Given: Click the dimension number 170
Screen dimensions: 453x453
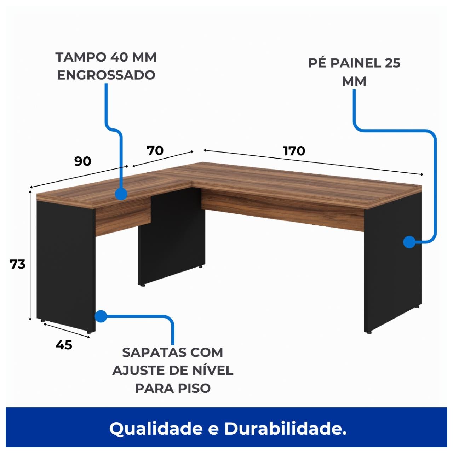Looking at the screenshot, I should [x=294, y=151].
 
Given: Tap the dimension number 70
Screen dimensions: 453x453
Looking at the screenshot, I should [x=155, y=150].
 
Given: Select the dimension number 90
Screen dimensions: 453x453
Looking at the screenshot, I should [x=83, y=161].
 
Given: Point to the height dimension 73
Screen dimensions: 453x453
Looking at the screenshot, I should [x=18, y=264].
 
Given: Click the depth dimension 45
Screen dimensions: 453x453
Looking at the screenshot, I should [x=64, y=345].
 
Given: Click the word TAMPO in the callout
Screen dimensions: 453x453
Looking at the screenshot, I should [x=81, y=57].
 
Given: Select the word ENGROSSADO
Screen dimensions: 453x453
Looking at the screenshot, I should [x=106, y=75].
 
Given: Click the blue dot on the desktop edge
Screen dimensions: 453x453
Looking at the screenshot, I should [x=121, y=194].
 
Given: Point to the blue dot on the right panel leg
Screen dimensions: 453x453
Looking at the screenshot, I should [x=409, y=242].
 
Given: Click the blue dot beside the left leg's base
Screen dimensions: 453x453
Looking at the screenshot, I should [x=101, y=316].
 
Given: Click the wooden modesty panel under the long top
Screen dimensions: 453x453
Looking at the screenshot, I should [x=283, y=212].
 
